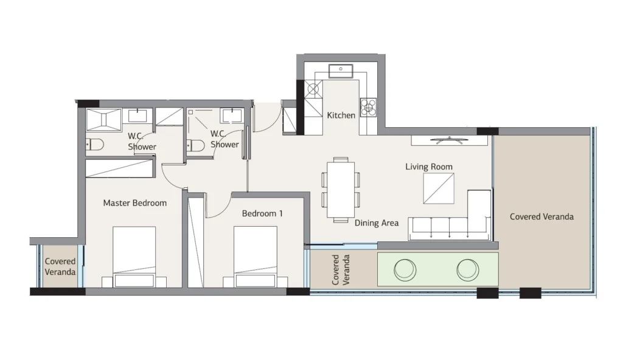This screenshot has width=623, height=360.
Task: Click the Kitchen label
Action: tap(341, 115)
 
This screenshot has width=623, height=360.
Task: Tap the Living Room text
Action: tap(429, 167)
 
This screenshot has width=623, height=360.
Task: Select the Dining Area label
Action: tap(376, 223)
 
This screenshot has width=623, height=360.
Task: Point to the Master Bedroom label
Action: tap(134, 203)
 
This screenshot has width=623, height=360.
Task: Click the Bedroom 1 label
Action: tap(262, 213)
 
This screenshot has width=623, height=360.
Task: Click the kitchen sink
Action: tap(341, 71)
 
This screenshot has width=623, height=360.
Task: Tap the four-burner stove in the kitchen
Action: tap(368, 107)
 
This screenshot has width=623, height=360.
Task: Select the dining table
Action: tap(341, 190)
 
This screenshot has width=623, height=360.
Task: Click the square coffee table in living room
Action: tap(439, 189)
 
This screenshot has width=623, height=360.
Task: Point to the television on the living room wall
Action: tap(449, 140)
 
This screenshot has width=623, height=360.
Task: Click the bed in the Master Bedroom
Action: tap(134, 257)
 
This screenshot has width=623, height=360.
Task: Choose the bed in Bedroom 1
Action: tap(255, 257)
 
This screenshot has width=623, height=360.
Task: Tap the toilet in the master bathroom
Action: tap(94, 144)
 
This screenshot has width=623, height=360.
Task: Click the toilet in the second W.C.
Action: tap(195, 145)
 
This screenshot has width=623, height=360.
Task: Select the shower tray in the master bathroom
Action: tap(103, 119)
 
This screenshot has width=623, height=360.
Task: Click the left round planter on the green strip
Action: tap(405, 270)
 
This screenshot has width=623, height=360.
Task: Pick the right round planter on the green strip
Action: tap(468, 270)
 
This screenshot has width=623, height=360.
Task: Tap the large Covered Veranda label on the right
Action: tap(541, 216)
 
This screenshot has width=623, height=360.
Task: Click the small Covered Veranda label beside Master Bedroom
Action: tap(60, 266)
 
